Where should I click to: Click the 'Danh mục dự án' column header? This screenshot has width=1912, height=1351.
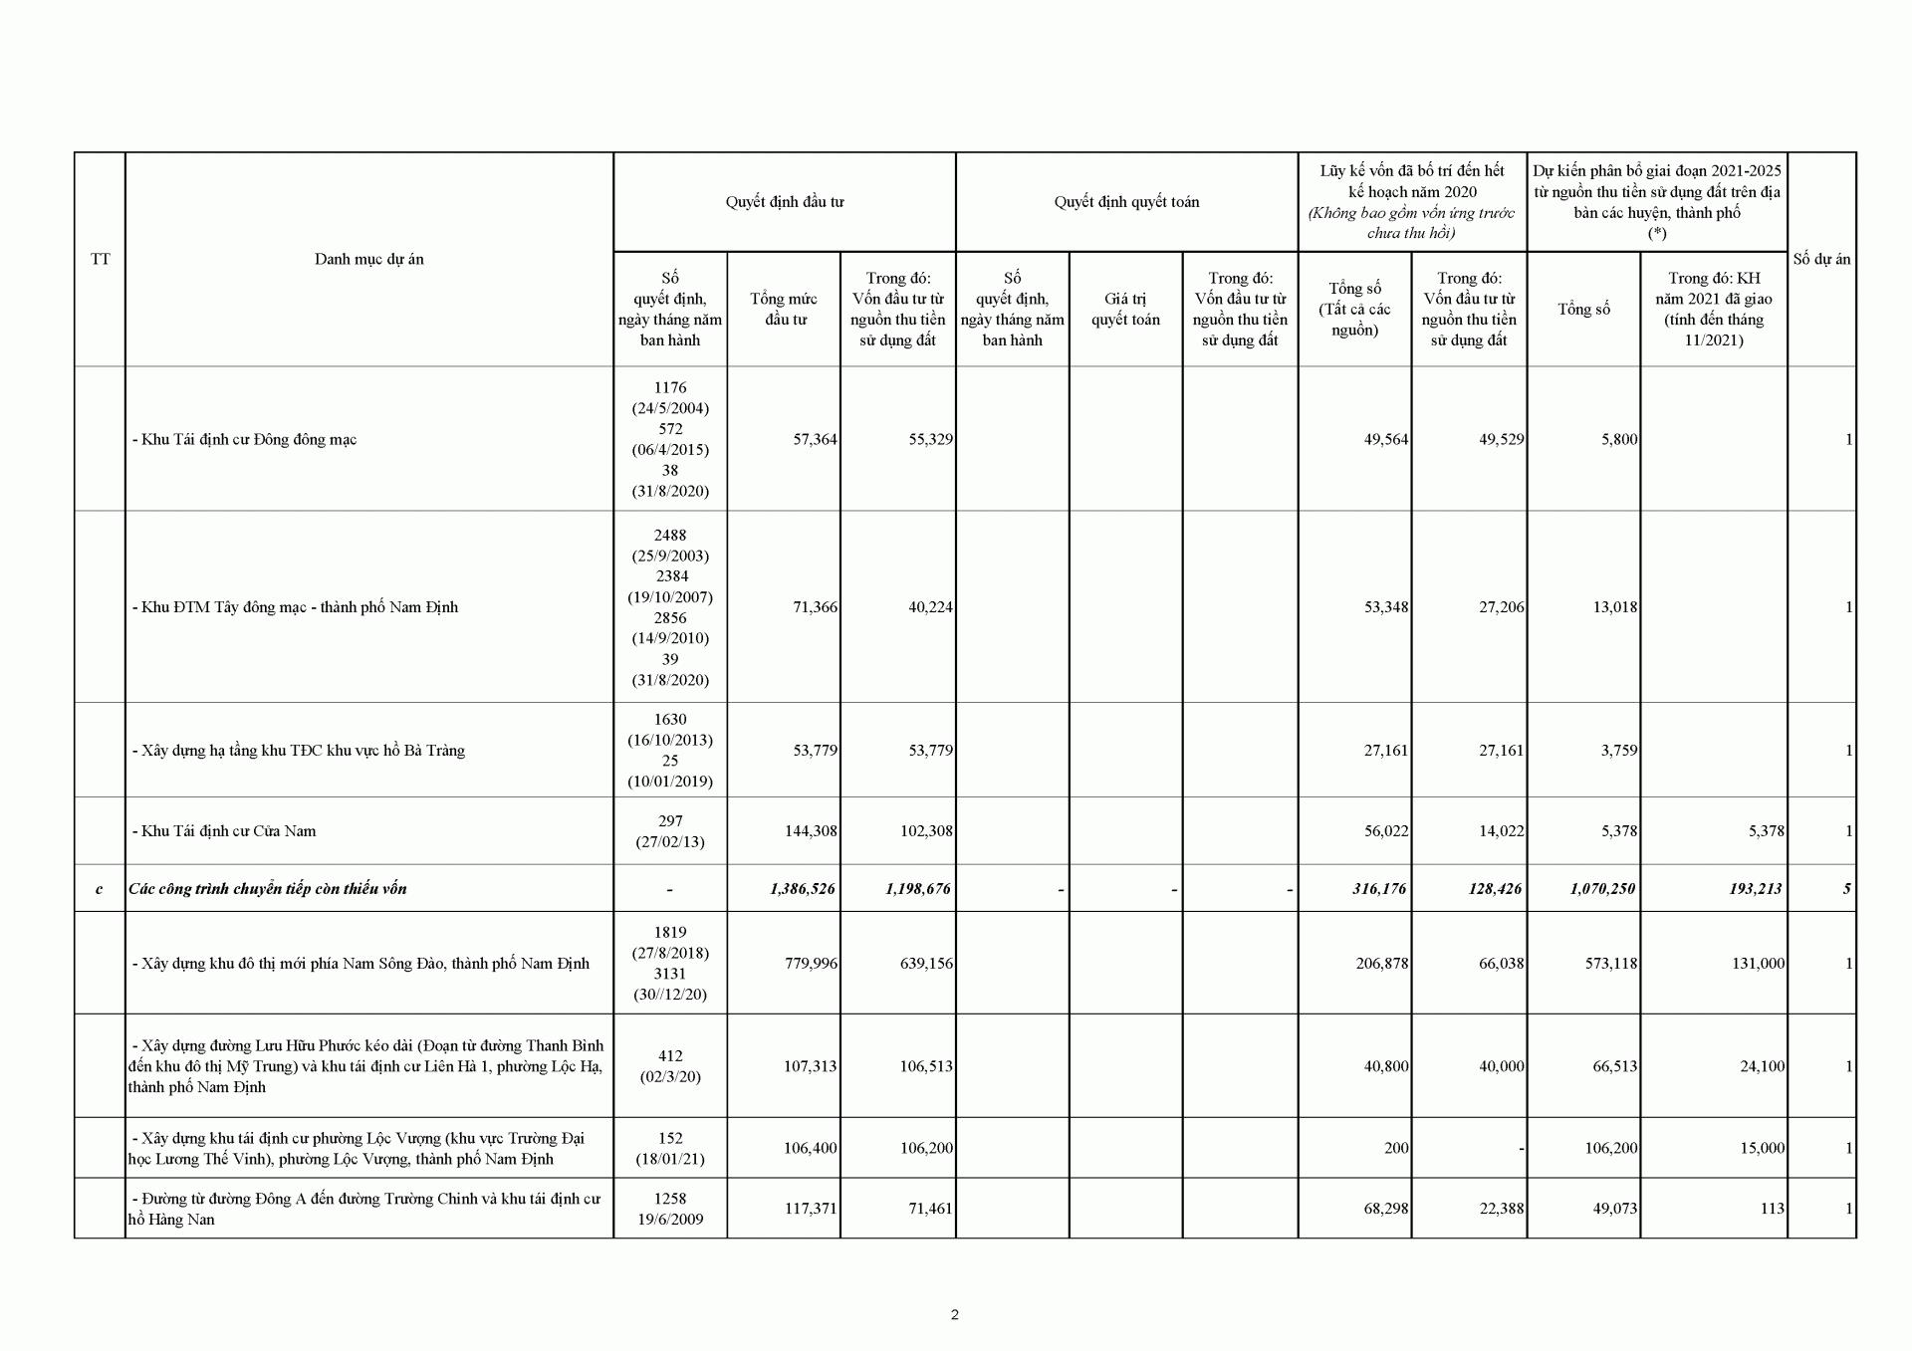(x=368, y=259)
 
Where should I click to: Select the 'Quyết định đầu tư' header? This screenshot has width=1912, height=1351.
(x=784, y=202)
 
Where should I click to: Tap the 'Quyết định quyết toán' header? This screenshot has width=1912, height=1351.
(x=1126, y=202)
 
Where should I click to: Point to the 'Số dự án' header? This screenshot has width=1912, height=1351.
(x=1821, y=259)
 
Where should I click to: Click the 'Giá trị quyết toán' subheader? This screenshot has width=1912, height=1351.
(x=1125, y=309)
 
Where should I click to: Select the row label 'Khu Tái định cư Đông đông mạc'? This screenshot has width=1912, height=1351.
(x=244, y=439)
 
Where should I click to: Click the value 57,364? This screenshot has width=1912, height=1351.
(x=815, y=439)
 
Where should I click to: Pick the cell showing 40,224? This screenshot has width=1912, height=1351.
(x=930, y=606)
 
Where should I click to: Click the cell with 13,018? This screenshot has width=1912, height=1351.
(x=1615, y=606)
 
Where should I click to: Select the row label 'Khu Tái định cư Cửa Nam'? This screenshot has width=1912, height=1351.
(x=224, y=830)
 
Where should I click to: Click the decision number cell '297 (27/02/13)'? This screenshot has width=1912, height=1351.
(x=670, y=830)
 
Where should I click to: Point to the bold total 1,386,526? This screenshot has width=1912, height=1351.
(x=803, y=888)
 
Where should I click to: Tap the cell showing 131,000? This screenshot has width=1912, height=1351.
(x=1757, y=963)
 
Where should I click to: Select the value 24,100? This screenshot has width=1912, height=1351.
(x=1761, y=1065)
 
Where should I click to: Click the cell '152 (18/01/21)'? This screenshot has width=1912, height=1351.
(x=670, y=1148)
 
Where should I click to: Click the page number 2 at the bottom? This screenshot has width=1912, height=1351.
(x=955, y=1314)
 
